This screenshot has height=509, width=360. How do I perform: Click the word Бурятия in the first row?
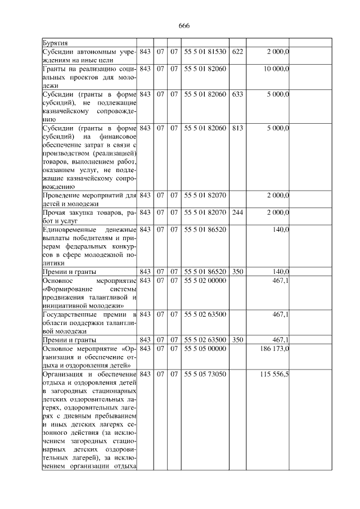click(x=56, y=43)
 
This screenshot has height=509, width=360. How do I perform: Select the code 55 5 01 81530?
click(x=205, y=52)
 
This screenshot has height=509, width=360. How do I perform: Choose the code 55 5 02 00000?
click(x=205, y=280)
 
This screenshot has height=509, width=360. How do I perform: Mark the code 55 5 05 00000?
click(x=205, y=349)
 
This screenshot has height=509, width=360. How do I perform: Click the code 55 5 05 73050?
click(x=205, y=374)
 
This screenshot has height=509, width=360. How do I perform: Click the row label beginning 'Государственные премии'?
click(x=89, y=322)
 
